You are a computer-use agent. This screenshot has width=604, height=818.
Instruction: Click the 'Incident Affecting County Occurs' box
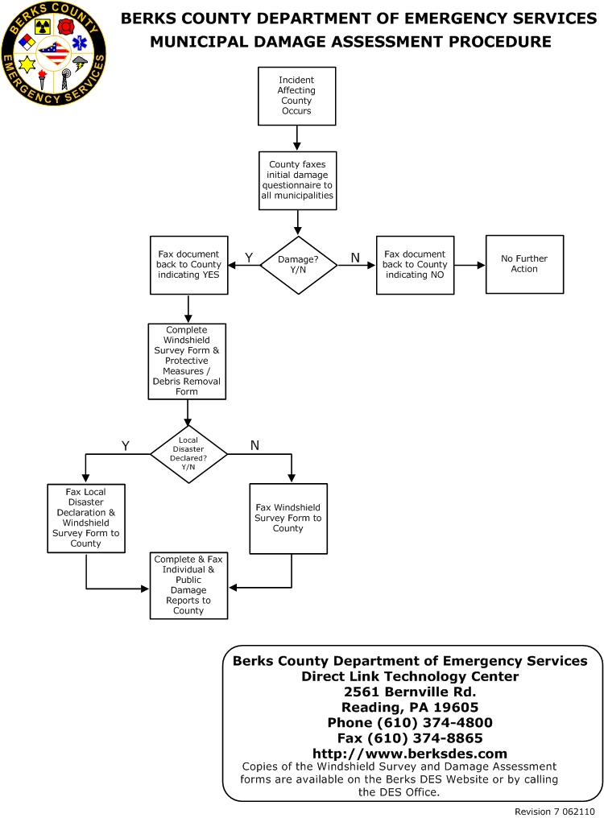(296, 96)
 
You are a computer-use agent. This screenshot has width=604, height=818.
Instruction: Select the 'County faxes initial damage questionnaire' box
(297, 180)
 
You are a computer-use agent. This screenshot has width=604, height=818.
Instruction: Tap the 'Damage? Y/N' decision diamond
(299, 265)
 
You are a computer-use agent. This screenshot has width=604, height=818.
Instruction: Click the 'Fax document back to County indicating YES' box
(189, 265)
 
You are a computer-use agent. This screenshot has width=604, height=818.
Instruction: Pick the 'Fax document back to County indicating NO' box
(415, 265)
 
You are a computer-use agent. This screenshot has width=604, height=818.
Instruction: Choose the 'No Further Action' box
(524, 265)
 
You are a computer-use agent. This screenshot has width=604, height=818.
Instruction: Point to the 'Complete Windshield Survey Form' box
(187, 361)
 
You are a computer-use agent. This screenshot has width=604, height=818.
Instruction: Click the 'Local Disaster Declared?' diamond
(188, 454)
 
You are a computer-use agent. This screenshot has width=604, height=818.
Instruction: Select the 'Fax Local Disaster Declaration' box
(86, 518)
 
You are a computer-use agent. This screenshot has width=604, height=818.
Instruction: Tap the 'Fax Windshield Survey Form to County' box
(288, 518)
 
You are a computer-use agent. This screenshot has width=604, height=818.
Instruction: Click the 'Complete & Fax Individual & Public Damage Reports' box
(188, 585)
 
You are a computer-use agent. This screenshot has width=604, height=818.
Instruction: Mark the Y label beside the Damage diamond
(249, 258)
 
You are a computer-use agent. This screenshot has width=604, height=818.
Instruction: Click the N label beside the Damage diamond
(355, 258)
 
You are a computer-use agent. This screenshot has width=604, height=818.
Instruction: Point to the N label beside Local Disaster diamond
(254, 445)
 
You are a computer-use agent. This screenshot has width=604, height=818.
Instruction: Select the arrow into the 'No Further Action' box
(470, 265)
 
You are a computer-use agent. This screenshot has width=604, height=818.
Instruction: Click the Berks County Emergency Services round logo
(54, 53)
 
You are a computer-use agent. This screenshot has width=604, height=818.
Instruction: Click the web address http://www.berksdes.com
(410, 754)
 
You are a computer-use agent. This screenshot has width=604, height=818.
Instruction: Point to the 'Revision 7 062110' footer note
(554, 812)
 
